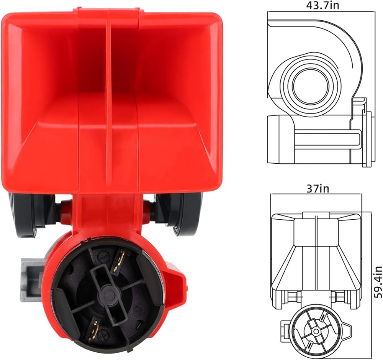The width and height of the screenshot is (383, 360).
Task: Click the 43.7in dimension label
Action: tap(322, 5)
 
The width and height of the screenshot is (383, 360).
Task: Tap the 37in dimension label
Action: tap(318, 189)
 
